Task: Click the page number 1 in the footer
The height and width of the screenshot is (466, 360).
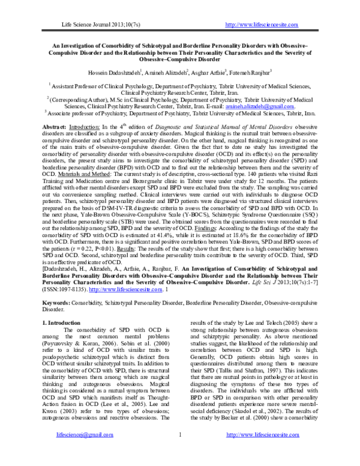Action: [x=180, y=449]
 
